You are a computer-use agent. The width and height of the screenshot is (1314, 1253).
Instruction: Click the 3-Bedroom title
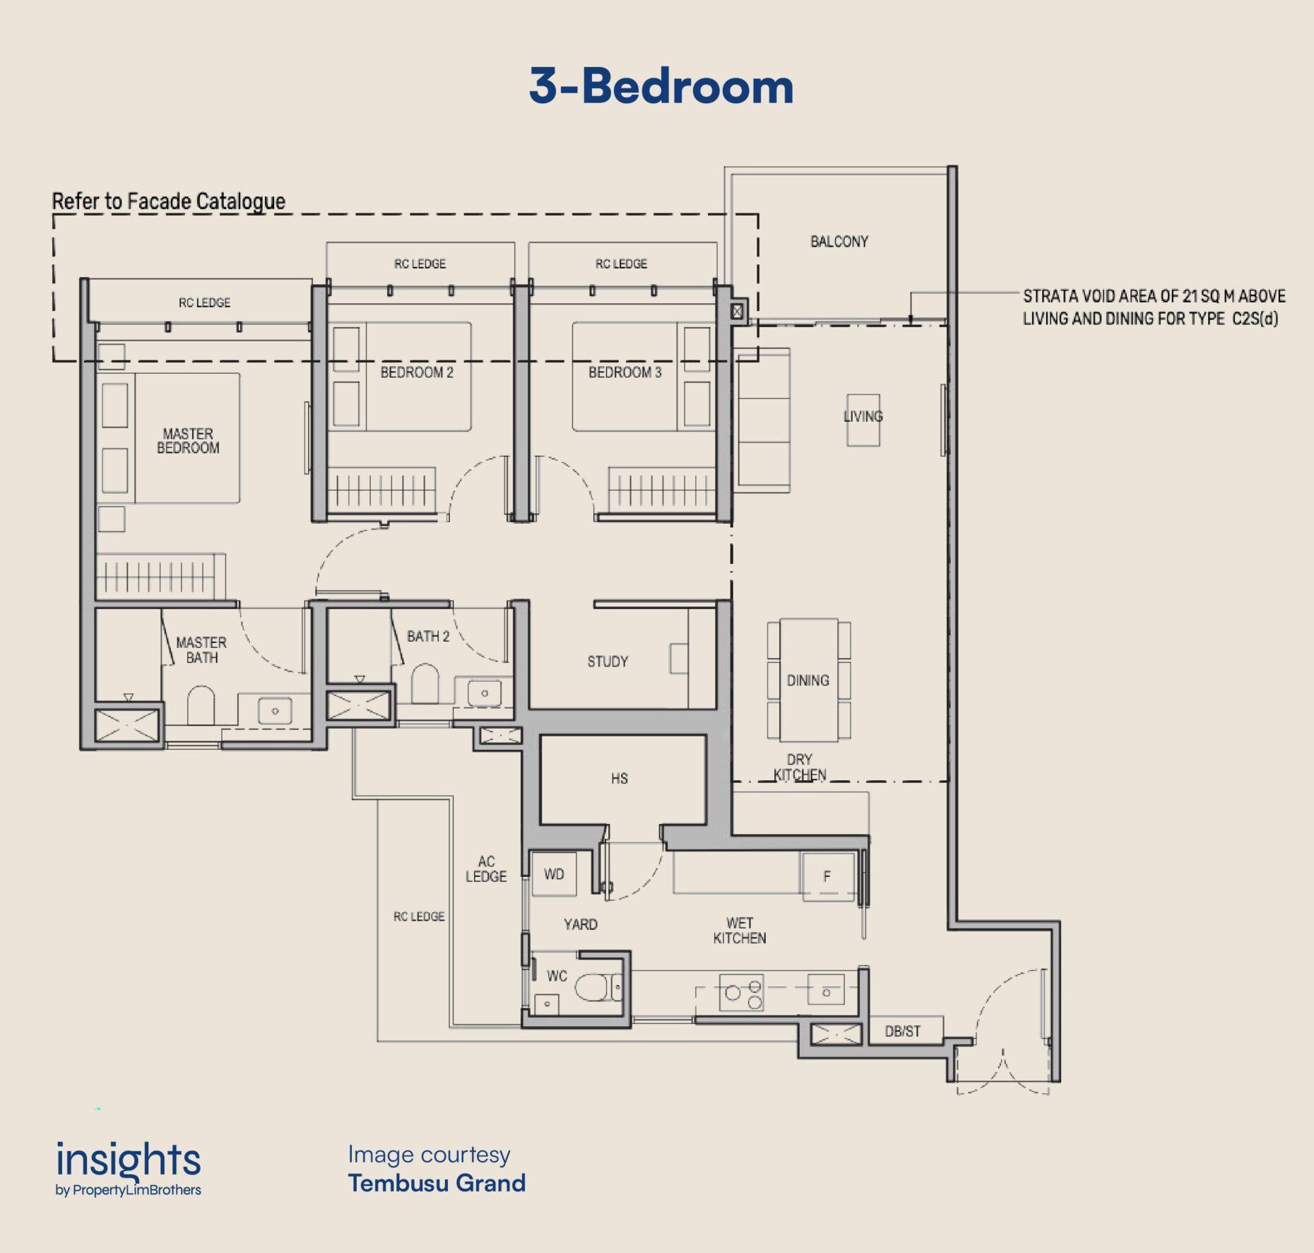pos(661,86)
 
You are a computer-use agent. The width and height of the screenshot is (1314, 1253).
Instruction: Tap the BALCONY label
pos(839,242)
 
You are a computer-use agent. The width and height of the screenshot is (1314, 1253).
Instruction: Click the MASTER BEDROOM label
pos(188,440)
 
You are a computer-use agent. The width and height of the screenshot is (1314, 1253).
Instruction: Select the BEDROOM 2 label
pos(417,372)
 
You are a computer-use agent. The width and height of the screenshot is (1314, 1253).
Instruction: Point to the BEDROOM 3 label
pos(625,372)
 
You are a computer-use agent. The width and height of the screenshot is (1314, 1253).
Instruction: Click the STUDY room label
pos(608,661)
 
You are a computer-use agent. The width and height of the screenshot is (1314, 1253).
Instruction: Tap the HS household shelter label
pos(620,778)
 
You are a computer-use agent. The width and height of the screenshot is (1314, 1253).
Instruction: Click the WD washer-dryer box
pos(554,874)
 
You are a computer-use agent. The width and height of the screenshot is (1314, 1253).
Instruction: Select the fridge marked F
pos(827,876)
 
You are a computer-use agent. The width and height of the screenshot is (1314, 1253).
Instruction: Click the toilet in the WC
pos(598,987)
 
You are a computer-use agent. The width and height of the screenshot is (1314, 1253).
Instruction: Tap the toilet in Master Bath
pos(201,705)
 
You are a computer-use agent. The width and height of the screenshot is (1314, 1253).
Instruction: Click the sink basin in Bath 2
pos(485,693)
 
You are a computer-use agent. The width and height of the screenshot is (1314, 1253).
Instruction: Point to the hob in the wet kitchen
pos(741,992)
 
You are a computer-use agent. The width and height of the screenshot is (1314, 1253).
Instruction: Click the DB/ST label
pos(903,1031)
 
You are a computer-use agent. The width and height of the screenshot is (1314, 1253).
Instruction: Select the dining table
pos(809,680)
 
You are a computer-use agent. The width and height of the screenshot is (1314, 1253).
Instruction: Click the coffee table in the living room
pos(863,420)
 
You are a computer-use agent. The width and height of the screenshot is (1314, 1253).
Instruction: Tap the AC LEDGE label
pos(486,869)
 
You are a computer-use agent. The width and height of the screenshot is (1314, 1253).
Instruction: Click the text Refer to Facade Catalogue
pos(169,201)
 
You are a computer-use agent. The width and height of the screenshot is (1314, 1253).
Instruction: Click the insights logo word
pos(129,1160)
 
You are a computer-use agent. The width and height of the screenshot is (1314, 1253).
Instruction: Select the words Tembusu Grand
pos(437,1183)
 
